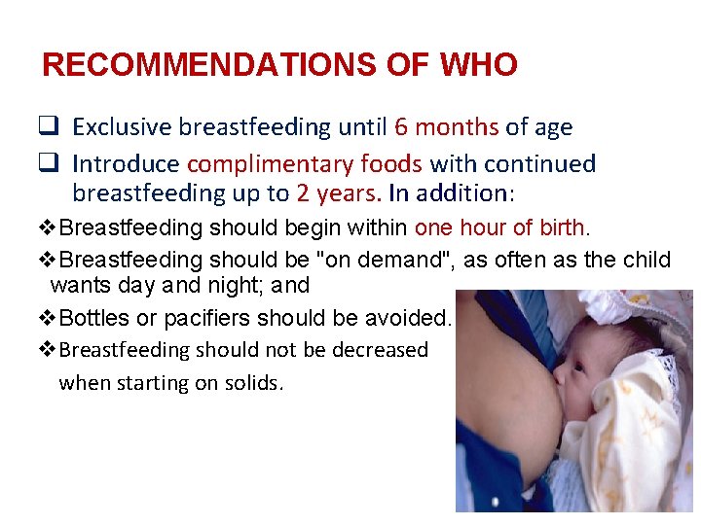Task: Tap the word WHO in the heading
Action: [x=478, y=66]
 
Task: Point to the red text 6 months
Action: [x=447, y=127]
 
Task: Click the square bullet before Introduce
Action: [x=51, y=163]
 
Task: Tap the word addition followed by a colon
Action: [x=464, y=193]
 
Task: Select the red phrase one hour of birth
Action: [x=499, y=228]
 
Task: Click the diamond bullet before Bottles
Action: [x=51, y=317]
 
